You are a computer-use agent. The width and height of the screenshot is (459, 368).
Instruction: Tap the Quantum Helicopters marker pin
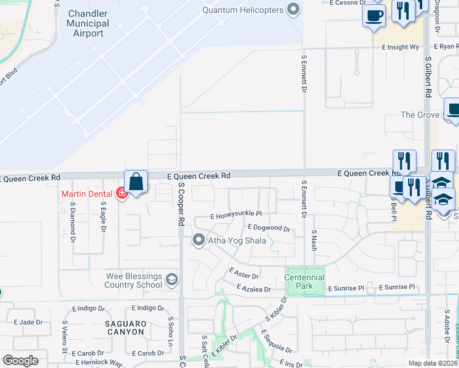pyautogui.click(x=293, y=9)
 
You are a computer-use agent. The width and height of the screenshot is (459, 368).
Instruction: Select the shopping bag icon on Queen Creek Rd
pyautogui.click(x=136, y=182)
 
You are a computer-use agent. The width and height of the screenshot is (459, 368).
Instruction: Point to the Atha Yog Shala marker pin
pyautogui.click(x=198, y=240)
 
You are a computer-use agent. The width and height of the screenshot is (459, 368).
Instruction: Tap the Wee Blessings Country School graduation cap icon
pyautogui.click(x=172, y=280)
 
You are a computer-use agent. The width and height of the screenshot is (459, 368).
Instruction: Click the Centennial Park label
pyautogui.click(x=304, y=282)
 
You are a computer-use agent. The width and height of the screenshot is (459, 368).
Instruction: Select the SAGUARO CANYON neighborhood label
pyautogui.click(x=125, y=328)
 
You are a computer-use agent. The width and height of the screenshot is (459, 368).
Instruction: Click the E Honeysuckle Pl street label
pyautogui.click(x=236, y=216)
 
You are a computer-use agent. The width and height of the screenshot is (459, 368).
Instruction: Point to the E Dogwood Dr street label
pyautogui.click(x=268, y=228)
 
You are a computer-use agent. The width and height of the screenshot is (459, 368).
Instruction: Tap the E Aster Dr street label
pyautogui.click(x=244, y=272)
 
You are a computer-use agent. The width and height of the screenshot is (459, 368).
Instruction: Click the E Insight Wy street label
pyautogui.click(x=400, y=47)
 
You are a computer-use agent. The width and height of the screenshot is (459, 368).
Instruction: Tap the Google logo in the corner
pyautogui.click(x=20, y=361)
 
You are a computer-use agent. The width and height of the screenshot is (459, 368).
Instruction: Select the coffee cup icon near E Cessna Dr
pyautogui.click(x=374, y=17)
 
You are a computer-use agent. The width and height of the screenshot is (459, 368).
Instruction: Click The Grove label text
pyautogui.click(x=420, y=115)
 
